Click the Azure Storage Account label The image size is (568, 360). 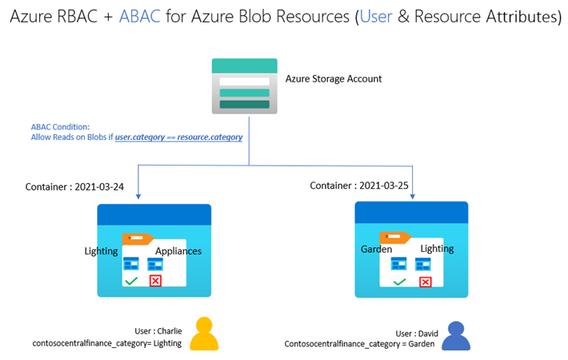[x=334, y=79]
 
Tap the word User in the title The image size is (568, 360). [x=378, y=17]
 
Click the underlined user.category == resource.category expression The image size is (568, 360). [x=178, y=138]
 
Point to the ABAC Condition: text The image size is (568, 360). [x=61, y=127]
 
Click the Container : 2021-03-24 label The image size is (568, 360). [x=76, y=186]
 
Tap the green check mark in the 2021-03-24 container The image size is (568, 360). [x=130, y=280]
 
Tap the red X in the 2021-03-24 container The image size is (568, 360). [x=155, y=280]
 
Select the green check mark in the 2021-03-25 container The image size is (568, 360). [x=399, y=282]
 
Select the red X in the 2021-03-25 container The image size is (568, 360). [x=425, y=282]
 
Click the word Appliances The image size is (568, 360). [x=178, y=251]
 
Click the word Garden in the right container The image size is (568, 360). [x=375, y=249]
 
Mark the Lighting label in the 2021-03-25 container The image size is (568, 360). [x=437, y=249]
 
